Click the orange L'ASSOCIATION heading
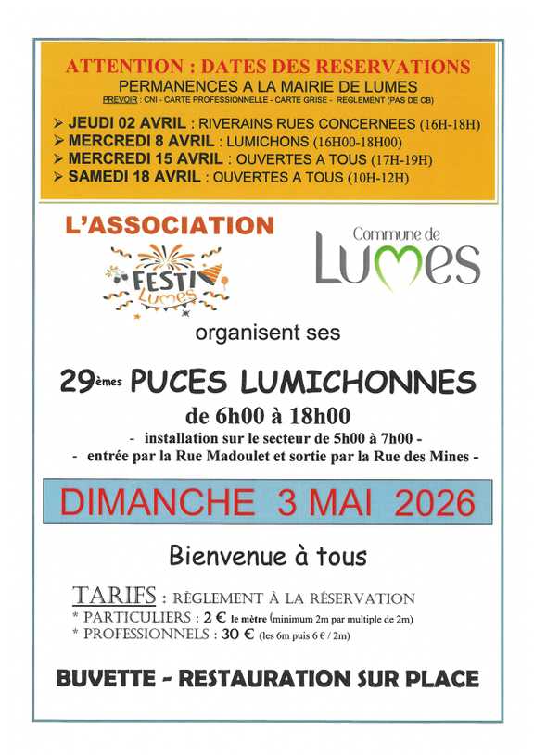coord(170,226)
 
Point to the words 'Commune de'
coord(397,235)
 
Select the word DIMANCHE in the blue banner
coord(157,502)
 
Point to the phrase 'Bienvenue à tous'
coord(267,556)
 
